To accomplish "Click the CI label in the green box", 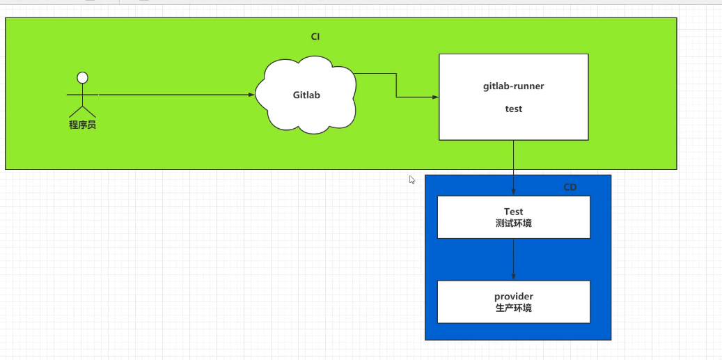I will tap(315, 36).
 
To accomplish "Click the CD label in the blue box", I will tap(570, 187).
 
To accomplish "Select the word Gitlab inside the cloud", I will tap(306, 95).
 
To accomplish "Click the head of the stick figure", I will tap(82, 77).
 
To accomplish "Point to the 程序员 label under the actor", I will tap(82, 125).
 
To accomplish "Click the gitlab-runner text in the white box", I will tap(514, 87).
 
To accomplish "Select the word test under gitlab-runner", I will tap(514, 109).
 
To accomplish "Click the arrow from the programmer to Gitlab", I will tap(174, 94).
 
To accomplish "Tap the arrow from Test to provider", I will tap(514, 259).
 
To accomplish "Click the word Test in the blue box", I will tap(514, 212).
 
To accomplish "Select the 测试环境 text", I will tap(514, 224).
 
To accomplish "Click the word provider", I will tap(514, 297).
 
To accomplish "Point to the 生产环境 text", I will tap(514, 308).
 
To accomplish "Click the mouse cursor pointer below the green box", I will tap(411, 179).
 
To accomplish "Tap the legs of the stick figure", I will tap(82, 111).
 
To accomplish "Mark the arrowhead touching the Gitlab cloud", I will tap(251, 94).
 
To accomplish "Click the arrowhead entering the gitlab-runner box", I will tap(434, 97).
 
